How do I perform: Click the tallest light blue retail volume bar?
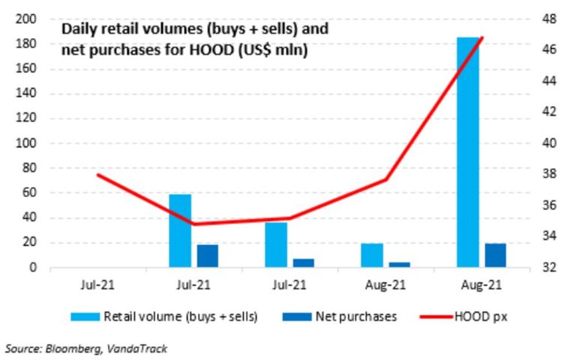[x=468, y=152]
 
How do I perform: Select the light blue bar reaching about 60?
[x=180, y=231]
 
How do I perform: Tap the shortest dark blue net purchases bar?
[x=400, y=265]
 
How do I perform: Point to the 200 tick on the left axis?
[x=27, y=20]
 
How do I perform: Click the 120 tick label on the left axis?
[x=27, y=119]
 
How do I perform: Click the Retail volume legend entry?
[x=164, y=316]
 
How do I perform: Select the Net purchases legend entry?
[x=340, y=316]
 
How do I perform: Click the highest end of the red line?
[x=482, y=38]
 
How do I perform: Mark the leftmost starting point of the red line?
[x=98, y=174]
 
